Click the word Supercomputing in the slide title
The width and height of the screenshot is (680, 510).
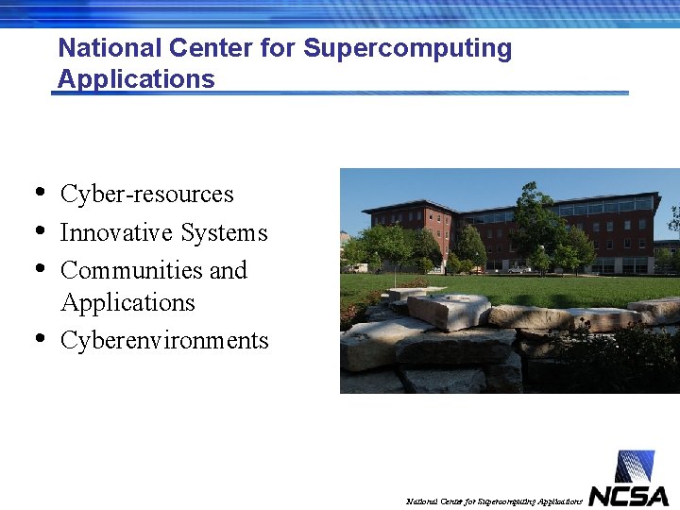tap(407, 49)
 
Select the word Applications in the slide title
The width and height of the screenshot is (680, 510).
tap(136, 79)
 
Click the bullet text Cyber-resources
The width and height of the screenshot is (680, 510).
tap(146, 195)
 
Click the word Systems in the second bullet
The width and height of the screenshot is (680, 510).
tap(225, 233)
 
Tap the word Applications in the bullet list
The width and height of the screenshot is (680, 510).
tap(127, 303)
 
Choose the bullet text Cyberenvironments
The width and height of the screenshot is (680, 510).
tap(164, 341)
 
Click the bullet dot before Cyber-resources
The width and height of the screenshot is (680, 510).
tap(39, 192)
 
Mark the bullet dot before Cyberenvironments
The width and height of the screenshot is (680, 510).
tap(39, 337)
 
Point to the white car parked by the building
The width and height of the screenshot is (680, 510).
tap(518, 269)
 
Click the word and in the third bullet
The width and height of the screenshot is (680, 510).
tap(228, 270)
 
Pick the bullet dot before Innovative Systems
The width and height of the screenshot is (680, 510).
tap(39, 229)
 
